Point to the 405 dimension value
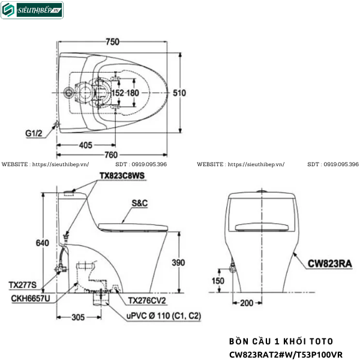[85, 145]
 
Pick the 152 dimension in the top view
[117, 93]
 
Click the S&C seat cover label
[139, 203]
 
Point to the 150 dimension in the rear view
[217, 281]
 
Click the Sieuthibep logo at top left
[32, 10]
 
